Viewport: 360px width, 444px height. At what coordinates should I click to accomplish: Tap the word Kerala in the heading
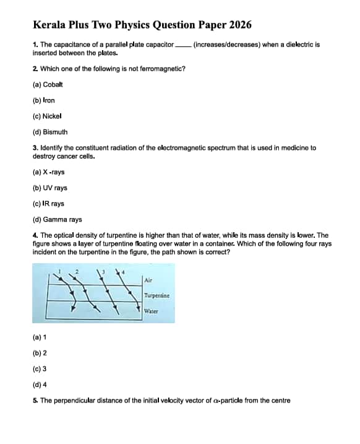tap(50, 25)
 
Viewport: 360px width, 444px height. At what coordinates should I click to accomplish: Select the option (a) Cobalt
tap(48, 84)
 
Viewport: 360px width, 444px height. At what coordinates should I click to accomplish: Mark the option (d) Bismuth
tap(50, 132)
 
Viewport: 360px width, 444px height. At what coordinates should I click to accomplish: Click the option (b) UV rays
tap(50, 188)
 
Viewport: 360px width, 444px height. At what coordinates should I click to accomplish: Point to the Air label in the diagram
tap(148, 280)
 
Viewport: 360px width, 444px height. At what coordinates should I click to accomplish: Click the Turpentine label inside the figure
tap(156, 296)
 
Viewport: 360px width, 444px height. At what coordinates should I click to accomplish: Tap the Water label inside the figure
tap(152, 311)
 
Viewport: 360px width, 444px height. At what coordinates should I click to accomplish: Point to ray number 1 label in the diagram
tap(59, 270)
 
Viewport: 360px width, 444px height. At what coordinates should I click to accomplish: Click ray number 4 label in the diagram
tap(122, 270)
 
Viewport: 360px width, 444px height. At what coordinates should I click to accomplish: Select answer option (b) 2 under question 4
tap(40, 352)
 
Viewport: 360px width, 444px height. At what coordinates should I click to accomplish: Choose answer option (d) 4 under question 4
tap(40, 385)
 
